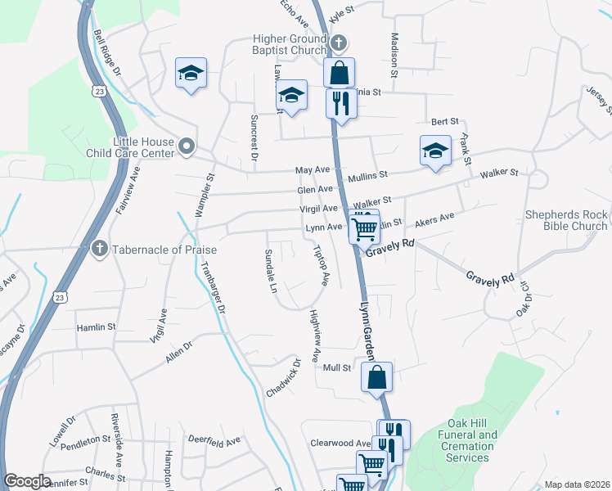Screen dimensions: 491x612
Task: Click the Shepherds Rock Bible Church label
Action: pyautogui.click(x=566, y=221)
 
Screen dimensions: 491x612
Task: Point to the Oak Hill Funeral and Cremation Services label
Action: pyautogui.click(x=467, y=446)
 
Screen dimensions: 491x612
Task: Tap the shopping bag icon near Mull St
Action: pyautogui.click(x=376, y=378)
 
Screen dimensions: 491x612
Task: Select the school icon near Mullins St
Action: pyautogui.click(x=436, y=151)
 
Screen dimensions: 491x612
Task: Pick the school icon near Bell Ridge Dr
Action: pyautogui.click(x=191, y=73)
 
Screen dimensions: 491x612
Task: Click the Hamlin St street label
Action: pyautogui.click(x=97, y=327)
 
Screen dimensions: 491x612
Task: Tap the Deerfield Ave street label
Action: pyautogui.click(x=215, y=440)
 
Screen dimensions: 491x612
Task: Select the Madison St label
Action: pyautogui.click(x=394, y=55)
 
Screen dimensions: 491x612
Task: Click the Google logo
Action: pyautogui.click(x=28, y=481)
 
